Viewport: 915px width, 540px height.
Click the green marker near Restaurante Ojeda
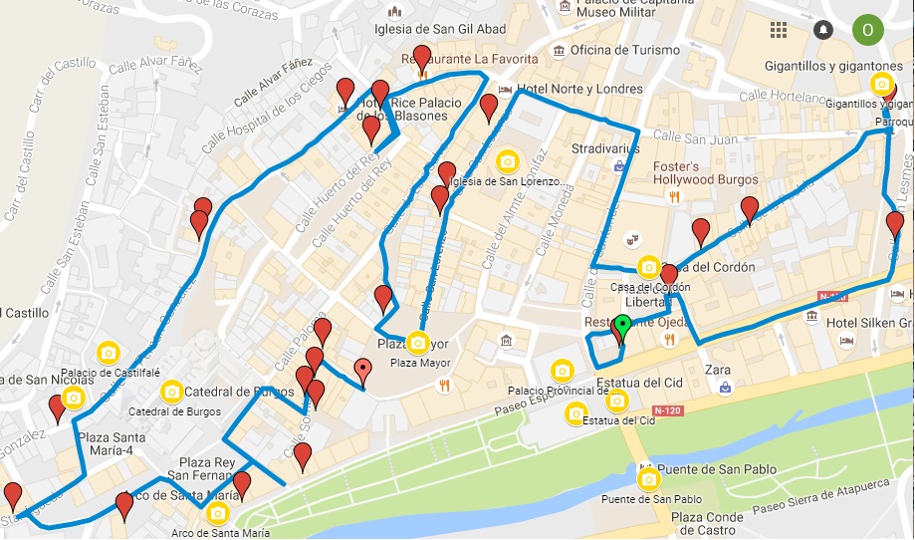tap(622, 326)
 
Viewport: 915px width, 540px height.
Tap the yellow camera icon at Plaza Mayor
tap(418, 344)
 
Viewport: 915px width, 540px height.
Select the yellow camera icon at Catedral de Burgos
tap(172, 391)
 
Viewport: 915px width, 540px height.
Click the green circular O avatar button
tap(867, 29)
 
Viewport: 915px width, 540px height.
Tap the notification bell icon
tap(822, 30)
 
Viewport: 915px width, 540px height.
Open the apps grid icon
tap(779, 30)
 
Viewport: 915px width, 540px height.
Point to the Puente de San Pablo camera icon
tap(649, 481)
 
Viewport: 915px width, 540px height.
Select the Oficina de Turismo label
tap(625, 50)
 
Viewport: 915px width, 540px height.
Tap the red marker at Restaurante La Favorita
tap(422, 58)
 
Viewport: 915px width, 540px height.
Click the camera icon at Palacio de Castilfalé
tap(109, 353)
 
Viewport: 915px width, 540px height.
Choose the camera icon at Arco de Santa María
tap(218, 514)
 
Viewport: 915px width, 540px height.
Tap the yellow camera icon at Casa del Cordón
tap(649, 267)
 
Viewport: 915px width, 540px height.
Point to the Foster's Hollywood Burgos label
tap(705, 173)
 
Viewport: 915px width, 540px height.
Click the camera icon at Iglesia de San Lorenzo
tap(508, 161)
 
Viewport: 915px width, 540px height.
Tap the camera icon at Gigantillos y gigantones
tap(881, 85)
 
